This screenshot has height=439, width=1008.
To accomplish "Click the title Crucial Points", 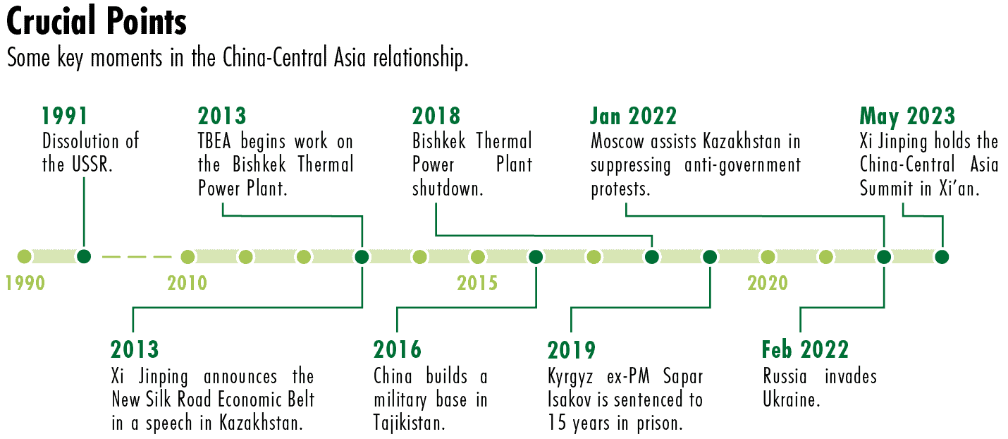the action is (x=97, y=21).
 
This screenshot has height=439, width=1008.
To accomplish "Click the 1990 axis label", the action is (x=25, y=283).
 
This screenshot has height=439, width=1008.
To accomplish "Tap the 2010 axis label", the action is (x=188, y=283).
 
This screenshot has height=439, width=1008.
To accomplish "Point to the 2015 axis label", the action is (x=477, y=283).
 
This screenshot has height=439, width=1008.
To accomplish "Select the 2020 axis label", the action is (x=768, y=283).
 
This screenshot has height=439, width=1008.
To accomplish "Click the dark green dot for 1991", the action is (x=84, y=256).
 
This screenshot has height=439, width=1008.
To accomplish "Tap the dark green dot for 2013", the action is (x=362, y=257).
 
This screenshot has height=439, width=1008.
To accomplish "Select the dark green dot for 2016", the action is (x=536, y=257).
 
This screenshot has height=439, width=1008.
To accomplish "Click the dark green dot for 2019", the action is (x=710, y=257).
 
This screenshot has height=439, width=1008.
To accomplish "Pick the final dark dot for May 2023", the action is (x=942, y=257).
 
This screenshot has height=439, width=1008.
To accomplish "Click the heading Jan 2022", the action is (x=634, y=116).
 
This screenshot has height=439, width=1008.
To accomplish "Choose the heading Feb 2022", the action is (x=805, y=350).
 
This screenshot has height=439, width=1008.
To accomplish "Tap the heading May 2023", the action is (x=907, y=116).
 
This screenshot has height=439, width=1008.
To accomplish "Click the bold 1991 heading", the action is (x=64, y=116).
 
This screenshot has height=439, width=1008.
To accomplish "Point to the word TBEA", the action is (x=214, y=141).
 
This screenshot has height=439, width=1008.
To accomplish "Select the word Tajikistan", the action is (x=409, y=423).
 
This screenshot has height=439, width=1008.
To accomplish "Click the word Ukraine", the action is (x=791, y=399).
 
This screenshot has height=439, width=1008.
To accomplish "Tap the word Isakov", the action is (x=570, y=399).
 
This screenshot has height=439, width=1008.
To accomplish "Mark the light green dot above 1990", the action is (x=24, y=256).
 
